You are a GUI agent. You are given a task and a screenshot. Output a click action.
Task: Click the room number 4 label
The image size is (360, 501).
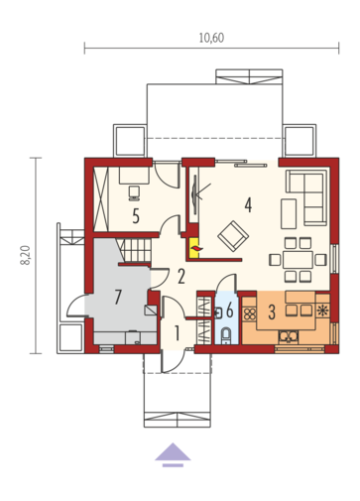point(248,205)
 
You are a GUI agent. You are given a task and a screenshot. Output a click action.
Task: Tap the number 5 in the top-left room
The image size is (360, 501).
point(136,211)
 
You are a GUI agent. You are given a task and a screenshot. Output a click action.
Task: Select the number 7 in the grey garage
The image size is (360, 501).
point(118,296)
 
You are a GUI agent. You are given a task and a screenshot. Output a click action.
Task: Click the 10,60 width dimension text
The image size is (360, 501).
point(211,38)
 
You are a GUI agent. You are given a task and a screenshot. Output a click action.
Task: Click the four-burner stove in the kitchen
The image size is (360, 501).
point(250,312)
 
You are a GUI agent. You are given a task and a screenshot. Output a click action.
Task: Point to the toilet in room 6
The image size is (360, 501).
point(226,333)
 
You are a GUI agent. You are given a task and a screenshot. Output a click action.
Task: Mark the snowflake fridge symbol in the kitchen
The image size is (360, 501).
point(321,312)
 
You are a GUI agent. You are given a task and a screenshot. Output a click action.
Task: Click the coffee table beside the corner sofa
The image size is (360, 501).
point(289,211)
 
